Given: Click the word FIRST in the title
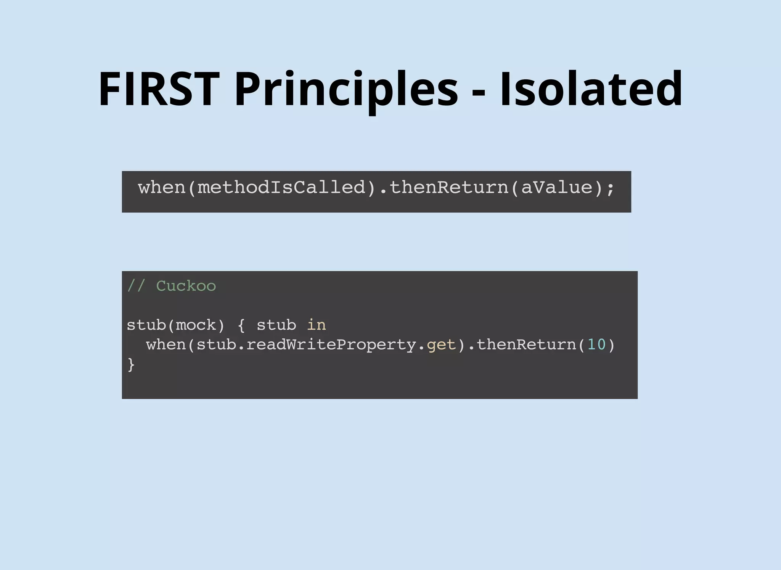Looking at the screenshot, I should click(159, 89).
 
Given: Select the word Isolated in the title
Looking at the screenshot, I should click(591, 89).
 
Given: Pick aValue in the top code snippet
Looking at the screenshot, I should click(556, 188).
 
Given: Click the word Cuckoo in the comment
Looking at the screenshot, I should click(186, 286).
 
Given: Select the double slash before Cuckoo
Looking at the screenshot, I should click(136, 286).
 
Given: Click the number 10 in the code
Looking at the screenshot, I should click(596, 345).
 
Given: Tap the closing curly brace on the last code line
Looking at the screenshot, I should click(131, 365).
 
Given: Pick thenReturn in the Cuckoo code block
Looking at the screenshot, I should click(526, 345).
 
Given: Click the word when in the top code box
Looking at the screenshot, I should click(162, 188).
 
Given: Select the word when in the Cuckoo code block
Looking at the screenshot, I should click(166, 345).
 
